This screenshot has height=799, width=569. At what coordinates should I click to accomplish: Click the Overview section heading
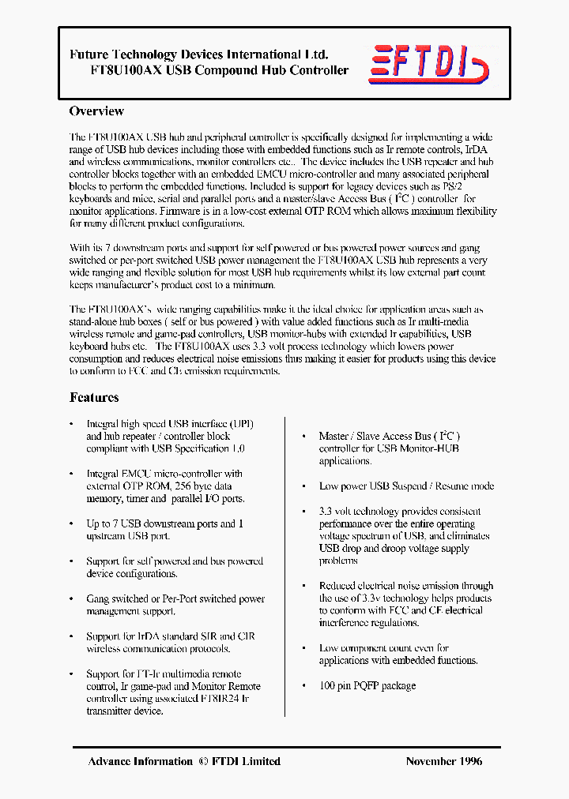click(96, 111)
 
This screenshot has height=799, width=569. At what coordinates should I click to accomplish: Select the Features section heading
click(94, 397)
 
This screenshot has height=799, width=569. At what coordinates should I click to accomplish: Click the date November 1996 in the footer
click(443, 761)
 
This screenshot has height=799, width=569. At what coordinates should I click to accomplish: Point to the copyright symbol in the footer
click(202, 761)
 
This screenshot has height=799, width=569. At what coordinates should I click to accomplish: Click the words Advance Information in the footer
click(140, 761)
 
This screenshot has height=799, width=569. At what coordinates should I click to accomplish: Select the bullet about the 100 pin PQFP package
click(367, 685)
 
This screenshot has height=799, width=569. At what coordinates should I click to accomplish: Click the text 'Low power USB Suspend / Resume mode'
click(406, 486)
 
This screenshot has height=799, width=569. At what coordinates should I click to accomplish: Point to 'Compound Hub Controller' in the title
click(281, 70)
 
